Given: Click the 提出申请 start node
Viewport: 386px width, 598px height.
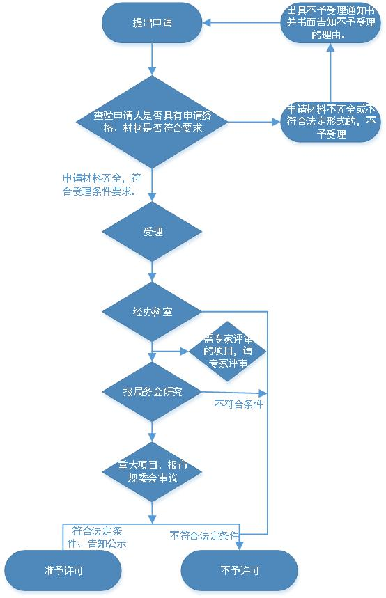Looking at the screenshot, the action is point(152,23).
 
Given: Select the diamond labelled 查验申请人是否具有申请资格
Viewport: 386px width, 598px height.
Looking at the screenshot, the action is point(152,122).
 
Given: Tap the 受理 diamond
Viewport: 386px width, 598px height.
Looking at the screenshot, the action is point(152,232).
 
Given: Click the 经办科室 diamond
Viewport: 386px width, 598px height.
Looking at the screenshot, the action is point(152,312).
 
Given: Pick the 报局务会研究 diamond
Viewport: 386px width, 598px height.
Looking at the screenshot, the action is point(152,392).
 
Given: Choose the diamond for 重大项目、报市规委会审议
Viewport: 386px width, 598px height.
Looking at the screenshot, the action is point(152,472).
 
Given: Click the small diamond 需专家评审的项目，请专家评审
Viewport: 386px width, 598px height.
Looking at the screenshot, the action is point(228,352).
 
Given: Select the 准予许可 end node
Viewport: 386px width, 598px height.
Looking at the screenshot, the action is point(63,571).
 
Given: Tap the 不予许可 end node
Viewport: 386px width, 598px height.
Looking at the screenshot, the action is point(240,571).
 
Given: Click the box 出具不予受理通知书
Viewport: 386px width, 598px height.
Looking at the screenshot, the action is point(331,23).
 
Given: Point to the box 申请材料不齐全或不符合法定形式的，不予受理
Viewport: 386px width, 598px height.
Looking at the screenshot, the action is point(331,122).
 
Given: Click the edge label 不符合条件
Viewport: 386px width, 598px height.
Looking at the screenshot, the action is point(238,404).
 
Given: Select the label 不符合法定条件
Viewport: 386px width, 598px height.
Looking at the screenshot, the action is point(204,536).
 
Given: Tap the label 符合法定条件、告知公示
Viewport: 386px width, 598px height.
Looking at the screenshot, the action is point(97,537).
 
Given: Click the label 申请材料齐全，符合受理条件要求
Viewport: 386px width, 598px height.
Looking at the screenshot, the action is point(102,184).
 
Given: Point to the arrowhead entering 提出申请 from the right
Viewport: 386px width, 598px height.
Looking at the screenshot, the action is point(206,23).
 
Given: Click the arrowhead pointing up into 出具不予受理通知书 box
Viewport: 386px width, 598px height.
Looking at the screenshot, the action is point(331,47).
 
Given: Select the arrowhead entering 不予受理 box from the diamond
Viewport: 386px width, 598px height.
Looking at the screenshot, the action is point(277,122).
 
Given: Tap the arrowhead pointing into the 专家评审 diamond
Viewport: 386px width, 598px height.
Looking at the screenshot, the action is point(185,352).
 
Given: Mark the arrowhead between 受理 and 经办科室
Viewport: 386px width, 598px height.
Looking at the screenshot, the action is point(152,278).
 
